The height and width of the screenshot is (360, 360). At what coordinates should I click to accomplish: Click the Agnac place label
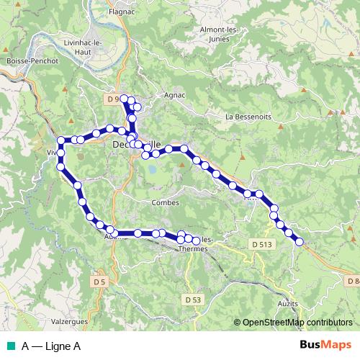[174, 95]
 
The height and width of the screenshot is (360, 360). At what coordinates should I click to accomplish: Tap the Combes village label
[165, 203]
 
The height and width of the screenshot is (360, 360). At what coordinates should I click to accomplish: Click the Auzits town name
[287, 305]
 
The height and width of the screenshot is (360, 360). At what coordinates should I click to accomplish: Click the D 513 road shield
[262, 245]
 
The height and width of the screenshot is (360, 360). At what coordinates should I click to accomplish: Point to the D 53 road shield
[192, 299]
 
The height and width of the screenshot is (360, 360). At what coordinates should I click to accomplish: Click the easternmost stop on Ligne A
[299, 241]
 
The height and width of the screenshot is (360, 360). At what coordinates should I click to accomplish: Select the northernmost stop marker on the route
[124, 99]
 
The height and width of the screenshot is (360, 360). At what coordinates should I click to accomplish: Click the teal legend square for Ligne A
[9, 346]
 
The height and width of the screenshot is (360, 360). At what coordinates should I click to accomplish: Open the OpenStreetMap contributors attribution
[297, 323]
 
